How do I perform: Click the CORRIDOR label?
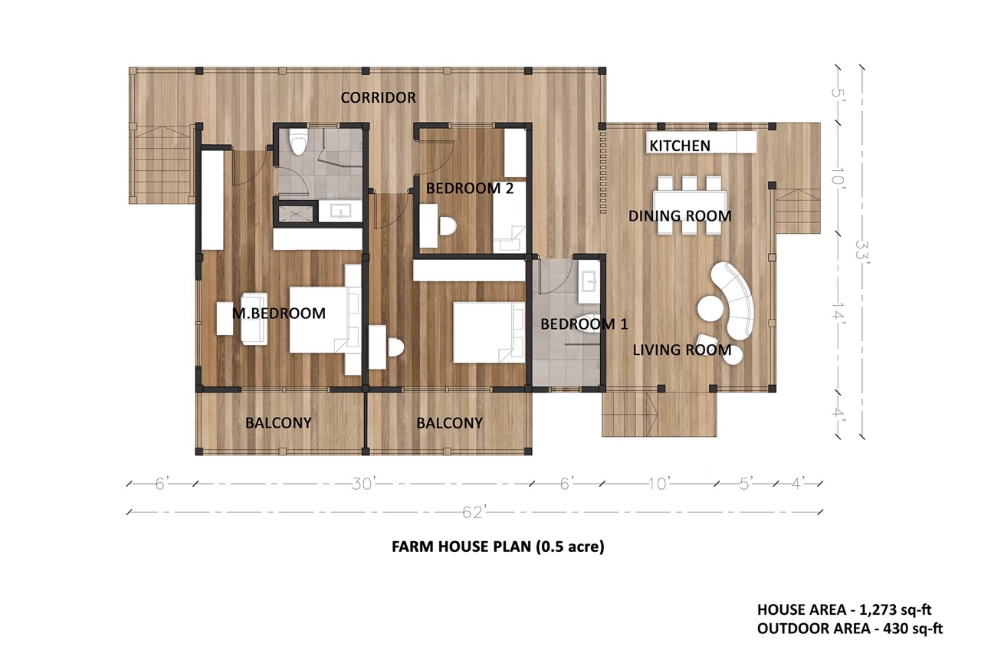pos(378,97)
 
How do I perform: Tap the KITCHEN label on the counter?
pos(680,146)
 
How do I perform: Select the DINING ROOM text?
pos(680,216)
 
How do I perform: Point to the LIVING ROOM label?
pos(682,350)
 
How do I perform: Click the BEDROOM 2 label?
pos(470,189)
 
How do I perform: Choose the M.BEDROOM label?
pos(279,314)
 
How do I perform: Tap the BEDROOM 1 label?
pos(584,324)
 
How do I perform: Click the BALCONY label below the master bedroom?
pos(278,423)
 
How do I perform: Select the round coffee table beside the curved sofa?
pos(710,308)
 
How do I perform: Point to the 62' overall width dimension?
pos(474,512)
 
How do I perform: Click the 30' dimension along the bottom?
pos(362,484)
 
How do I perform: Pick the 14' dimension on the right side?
pos(838,314)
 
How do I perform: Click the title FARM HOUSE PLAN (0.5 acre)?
pos(498,547)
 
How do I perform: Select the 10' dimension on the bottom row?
pos(658,484)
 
